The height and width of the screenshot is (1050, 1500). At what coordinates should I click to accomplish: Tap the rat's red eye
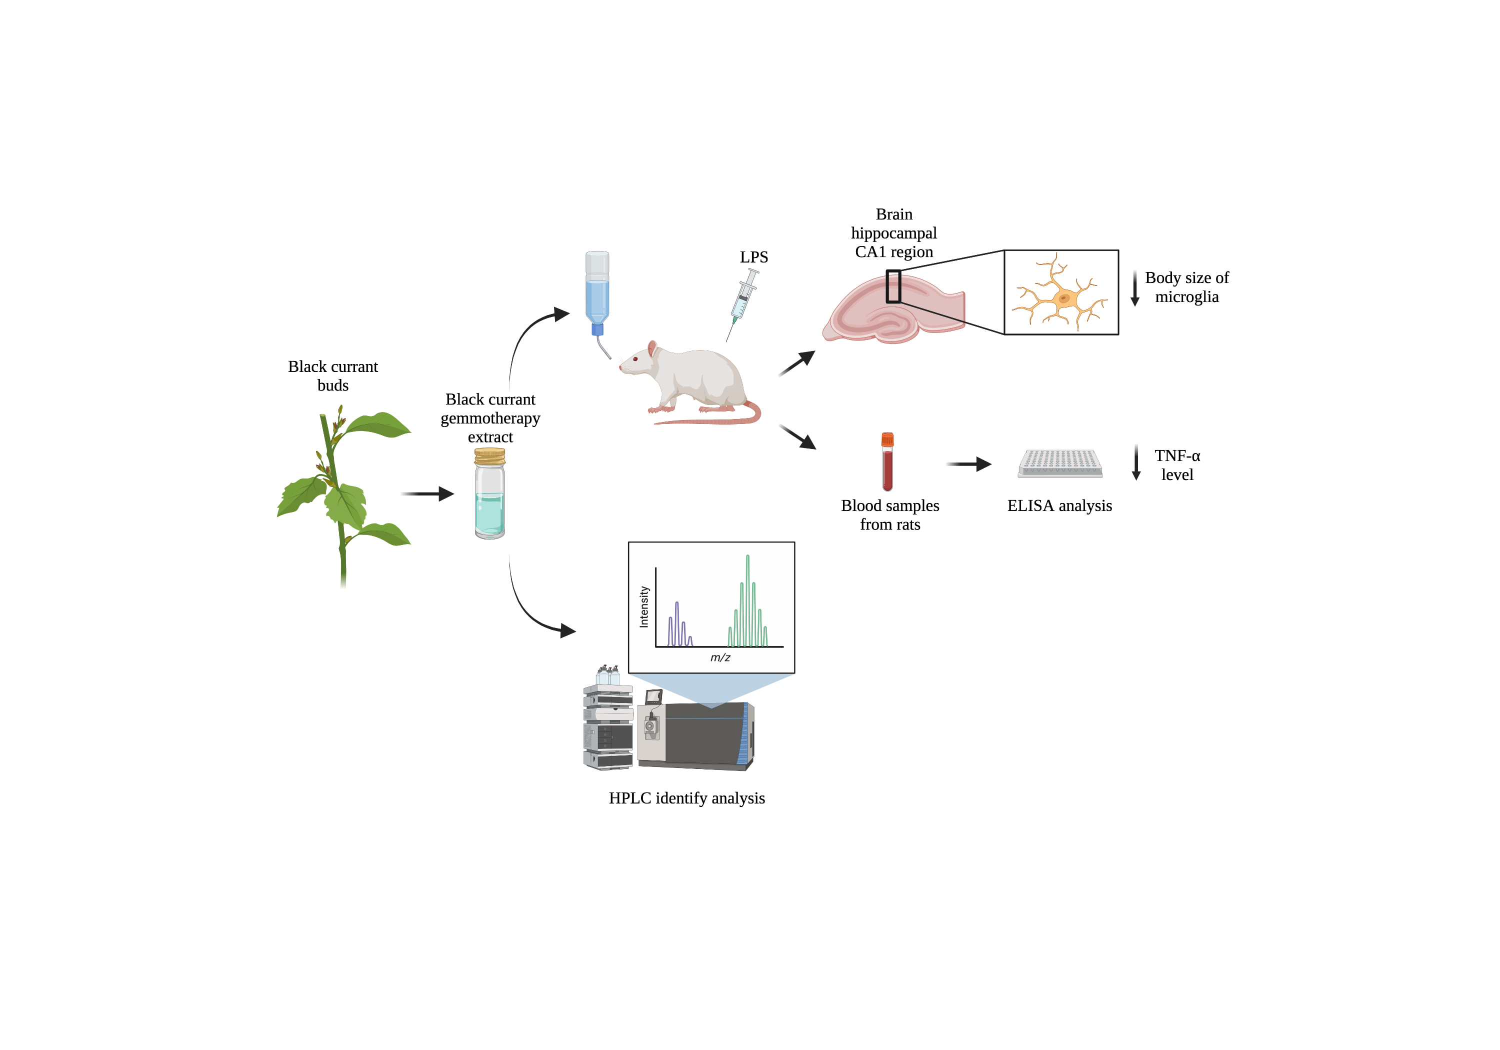(635, 358)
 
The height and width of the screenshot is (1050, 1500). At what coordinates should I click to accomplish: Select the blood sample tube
(887, 462)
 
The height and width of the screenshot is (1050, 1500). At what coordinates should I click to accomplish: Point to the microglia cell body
(1063, 298)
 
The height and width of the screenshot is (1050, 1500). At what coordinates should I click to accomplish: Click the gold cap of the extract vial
(489, 456)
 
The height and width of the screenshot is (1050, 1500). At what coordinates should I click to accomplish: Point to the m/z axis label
(720, 657)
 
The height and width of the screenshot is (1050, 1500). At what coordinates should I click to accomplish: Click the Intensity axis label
(644, 607)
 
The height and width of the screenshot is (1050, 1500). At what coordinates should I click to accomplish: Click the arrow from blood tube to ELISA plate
(969, 464)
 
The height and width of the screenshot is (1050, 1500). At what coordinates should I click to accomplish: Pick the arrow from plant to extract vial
(427, 494)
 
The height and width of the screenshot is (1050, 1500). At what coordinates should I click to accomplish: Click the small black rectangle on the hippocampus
(893, 286)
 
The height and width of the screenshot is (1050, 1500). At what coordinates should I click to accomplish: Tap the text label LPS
(753, 257)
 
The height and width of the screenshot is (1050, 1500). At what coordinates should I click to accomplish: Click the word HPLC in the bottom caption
(630, 798)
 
